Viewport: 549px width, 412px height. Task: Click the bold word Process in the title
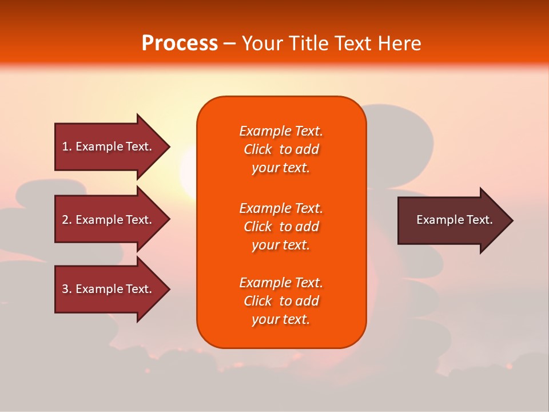coord(180,43)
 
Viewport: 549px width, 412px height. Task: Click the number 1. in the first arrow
coord(67,147)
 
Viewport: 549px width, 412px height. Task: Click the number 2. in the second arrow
coord(67,220)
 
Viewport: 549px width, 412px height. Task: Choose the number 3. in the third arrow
coord(67,290)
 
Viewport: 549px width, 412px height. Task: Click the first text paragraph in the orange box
coord(281,149)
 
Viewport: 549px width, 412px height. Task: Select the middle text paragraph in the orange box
coord(281,227)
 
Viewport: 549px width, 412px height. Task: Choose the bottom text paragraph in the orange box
coord(281,301)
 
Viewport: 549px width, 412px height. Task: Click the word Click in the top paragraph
coord(258,149)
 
